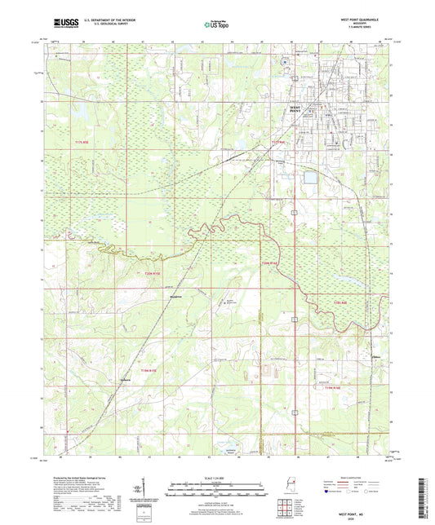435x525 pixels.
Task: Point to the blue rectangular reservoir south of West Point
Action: click(310, 176)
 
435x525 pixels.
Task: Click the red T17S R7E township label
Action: click(276, 143)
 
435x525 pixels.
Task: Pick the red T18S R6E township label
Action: click(344, 302)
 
